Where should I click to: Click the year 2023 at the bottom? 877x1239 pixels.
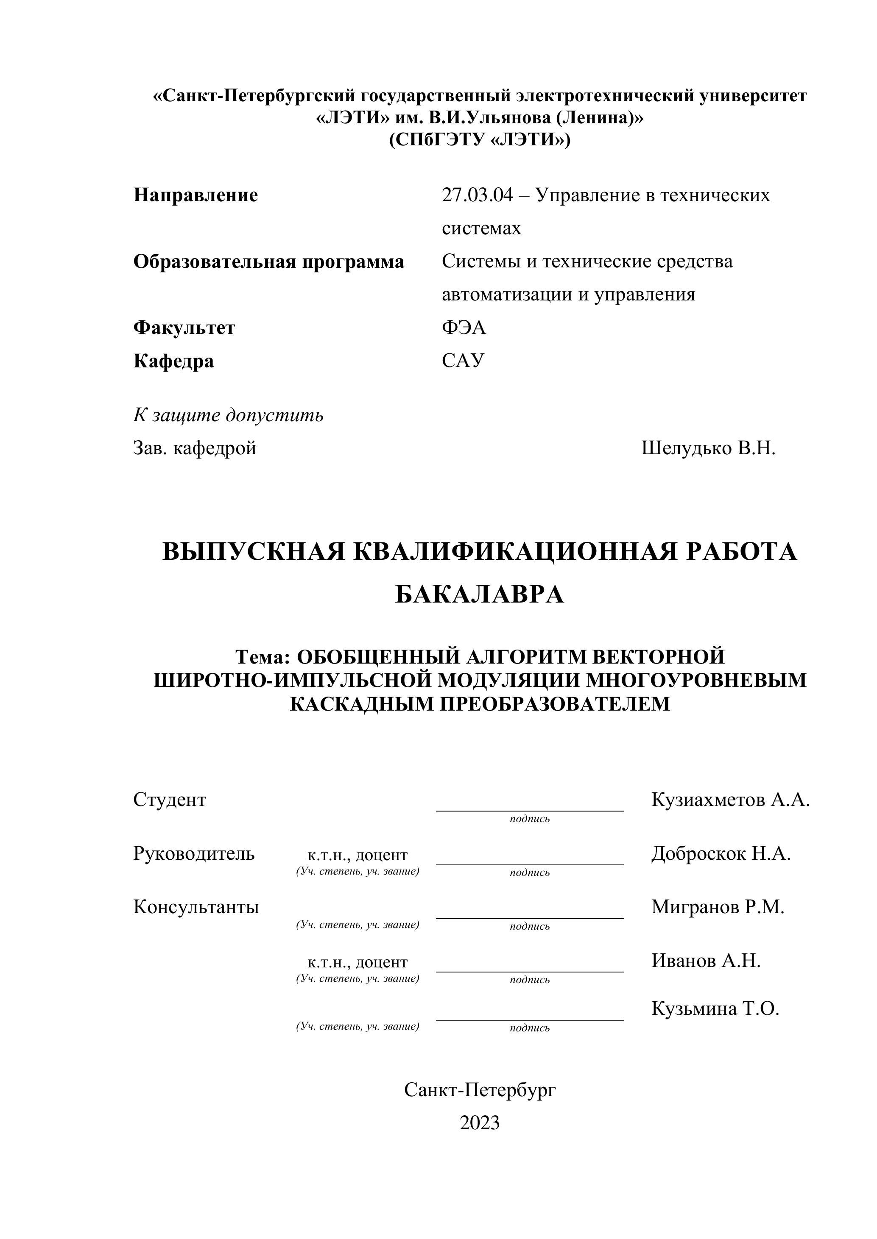click(x=480, y=1123)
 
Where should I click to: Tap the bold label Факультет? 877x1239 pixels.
click(x=184, y=328)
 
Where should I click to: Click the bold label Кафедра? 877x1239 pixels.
click(x=173, y=361)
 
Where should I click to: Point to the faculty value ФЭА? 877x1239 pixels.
click(x=464, y=328)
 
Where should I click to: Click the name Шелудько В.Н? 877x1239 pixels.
click(x=708, y=448)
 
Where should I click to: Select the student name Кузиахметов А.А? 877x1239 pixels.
click(x=731, y=799)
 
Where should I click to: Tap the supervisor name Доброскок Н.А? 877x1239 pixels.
click(x=721, y=853)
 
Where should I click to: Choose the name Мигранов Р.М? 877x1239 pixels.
click(x=718, y=907)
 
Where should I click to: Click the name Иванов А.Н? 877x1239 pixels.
click(x=706, y=960)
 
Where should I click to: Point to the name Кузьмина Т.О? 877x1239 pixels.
click(x=715, y=1008)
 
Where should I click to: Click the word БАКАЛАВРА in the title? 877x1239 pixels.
click(x=480, y=594)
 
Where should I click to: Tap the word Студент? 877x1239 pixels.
click(x=170, y=799)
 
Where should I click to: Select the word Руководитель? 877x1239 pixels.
click(x=194, y=853)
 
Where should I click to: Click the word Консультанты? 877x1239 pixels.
click(x=196, y=907)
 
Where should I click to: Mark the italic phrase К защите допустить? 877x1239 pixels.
click(x=229, y=415)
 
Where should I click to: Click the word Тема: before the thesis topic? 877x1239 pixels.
click(x=263, y=657)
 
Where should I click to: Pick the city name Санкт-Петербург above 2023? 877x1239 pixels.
click(x=480, y=1090)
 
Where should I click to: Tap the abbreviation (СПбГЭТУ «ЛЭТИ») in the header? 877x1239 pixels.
click(x=480, y=140)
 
